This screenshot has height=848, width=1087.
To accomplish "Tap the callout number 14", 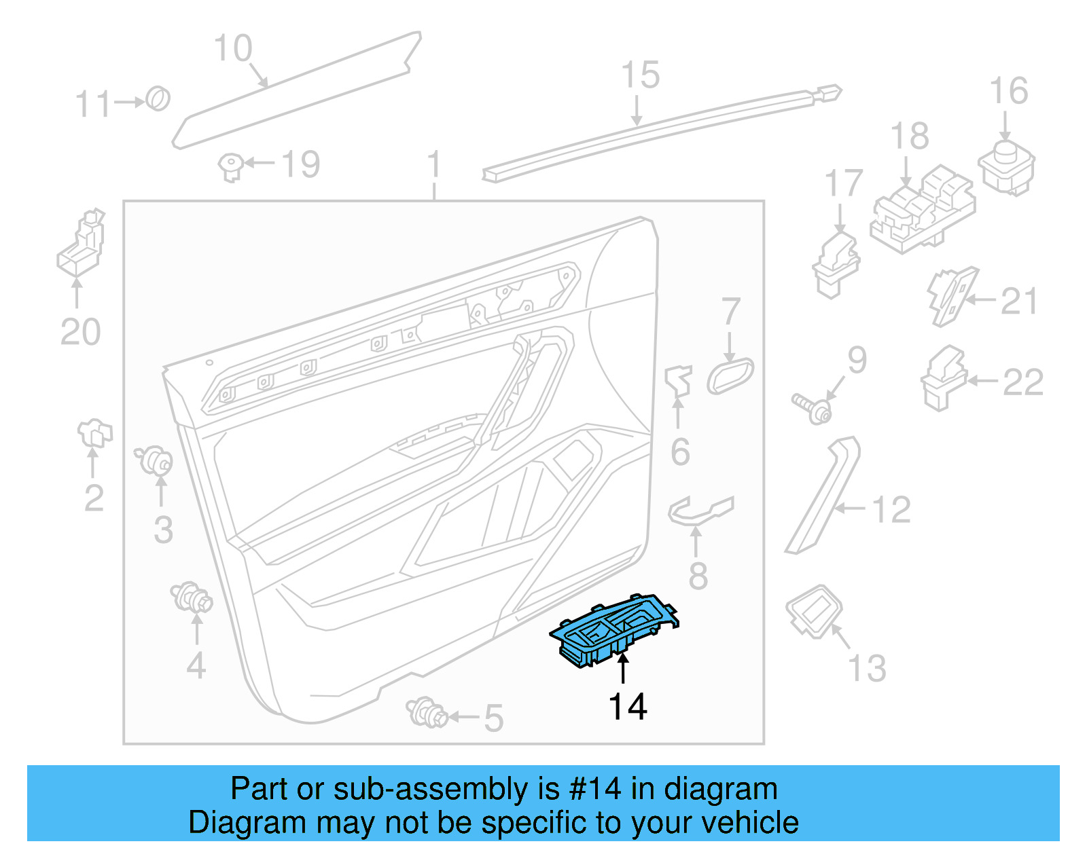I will click(x=628, y=707).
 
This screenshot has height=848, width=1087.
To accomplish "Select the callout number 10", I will click(x=232, y=48).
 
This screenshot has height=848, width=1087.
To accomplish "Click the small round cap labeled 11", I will click(x=159, y=99).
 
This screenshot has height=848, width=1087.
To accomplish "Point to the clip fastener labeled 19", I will click(x=230, y=166).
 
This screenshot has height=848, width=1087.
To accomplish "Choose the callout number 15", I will click(x=640, y=75).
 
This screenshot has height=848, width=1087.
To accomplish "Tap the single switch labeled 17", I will click(x=836, y=264).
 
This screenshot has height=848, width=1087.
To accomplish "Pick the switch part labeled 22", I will click(x=944, y=380).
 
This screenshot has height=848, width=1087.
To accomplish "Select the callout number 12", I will click(x=891, y=510).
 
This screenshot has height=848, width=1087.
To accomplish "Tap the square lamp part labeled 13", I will click(x=814, y=611).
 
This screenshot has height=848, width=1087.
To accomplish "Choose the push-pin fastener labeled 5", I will click(x=426, y=712).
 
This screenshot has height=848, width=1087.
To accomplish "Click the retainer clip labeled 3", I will click(x=154, y=462).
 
